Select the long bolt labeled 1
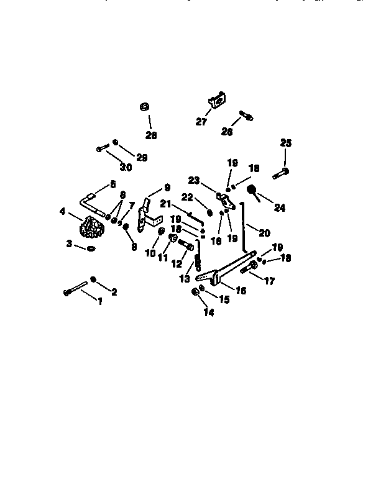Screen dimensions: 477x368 click(x=77, y=288)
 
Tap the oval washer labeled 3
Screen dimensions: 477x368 click(x=91, y=248)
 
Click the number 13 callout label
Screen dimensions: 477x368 click(x=185, y=279)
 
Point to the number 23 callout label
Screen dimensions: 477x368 click(x=193, y=181)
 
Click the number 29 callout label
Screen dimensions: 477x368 click(x=142, y=158)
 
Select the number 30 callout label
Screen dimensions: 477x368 click(x=126, y=168)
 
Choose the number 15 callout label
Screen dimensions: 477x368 click(x=224, y=299)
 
